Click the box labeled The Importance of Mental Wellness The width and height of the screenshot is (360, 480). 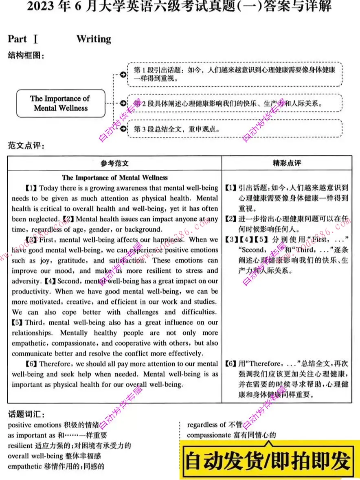[x=61, y=103]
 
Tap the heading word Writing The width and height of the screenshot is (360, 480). [x=94, y=39]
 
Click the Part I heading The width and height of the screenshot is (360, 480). [x=23, y=39]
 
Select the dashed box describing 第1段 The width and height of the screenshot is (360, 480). [x=234, y=74]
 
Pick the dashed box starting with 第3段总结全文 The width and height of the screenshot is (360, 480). [x=234, y=129]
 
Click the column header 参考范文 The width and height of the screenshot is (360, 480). [x=114, y=163]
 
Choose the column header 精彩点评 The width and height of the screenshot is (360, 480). [x=287, y=163]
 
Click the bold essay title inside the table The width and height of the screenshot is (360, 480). [x=114, y=178]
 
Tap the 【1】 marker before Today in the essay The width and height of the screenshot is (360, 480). [x=31, y=188]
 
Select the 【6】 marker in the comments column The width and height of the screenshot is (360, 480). [x=230, y=364]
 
